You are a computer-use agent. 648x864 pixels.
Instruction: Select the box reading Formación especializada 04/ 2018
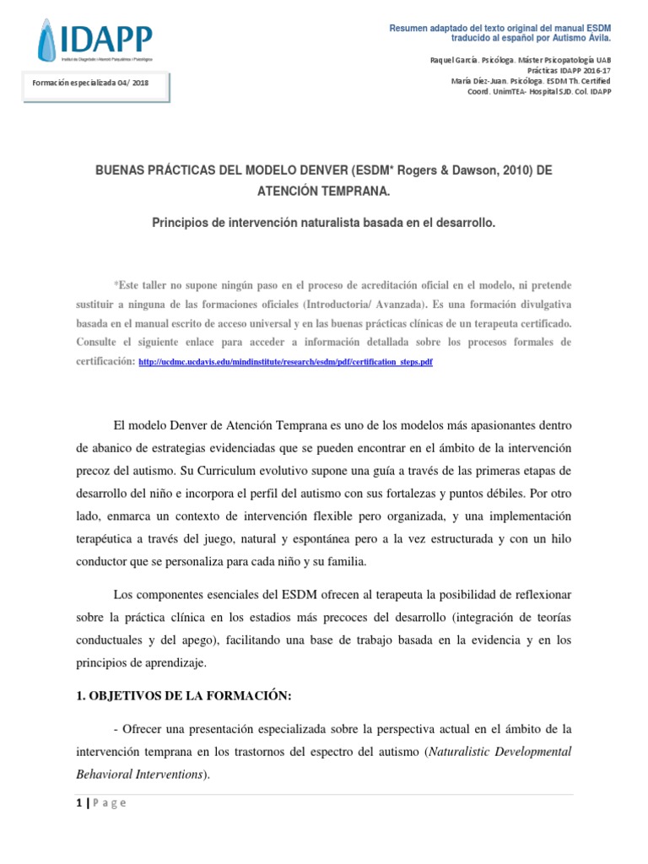click(95, 84)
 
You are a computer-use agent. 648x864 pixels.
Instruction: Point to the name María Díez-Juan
click(473, 81)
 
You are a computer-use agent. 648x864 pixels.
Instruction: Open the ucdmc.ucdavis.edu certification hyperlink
click(285, 361)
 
